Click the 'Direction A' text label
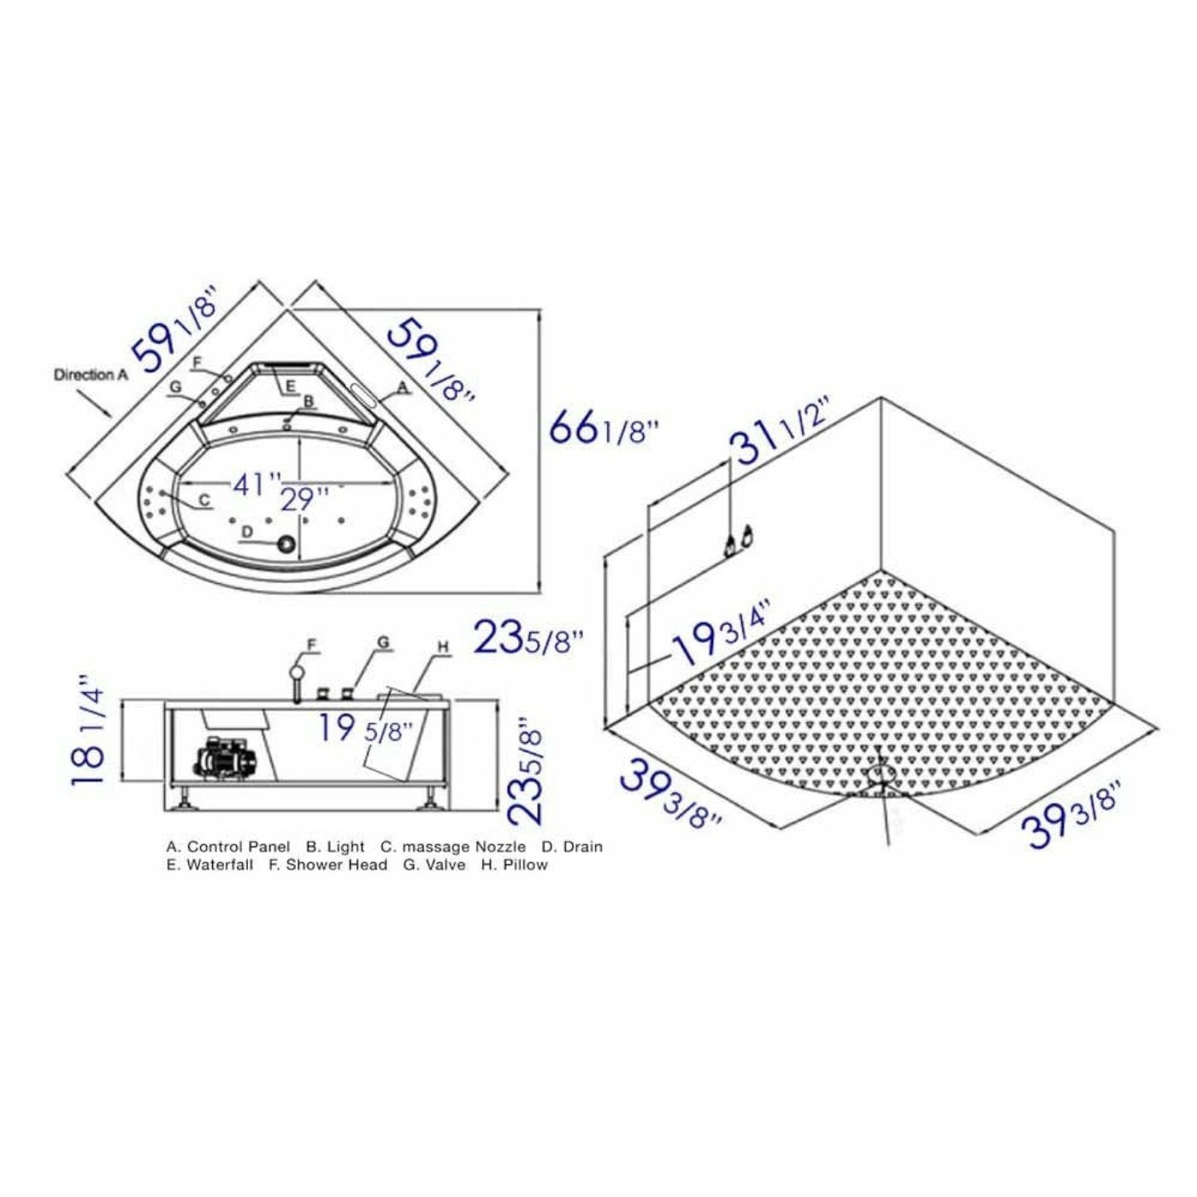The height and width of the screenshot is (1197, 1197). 91,374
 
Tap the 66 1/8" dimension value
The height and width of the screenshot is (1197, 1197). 604,427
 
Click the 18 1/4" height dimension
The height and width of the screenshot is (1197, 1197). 89,731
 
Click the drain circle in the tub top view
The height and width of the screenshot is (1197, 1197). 285,544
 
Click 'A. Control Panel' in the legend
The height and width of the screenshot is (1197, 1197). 228,846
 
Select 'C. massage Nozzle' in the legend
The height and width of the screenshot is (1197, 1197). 453,846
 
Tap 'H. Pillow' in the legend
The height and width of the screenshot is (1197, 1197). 514,864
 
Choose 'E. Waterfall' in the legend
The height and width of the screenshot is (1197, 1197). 210,864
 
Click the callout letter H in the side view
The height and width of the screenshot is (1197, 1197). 443,648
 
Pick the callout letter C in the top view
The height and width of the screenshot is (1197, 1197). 203,499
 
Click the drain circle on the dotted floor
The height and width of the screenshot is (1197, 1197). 879,775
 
